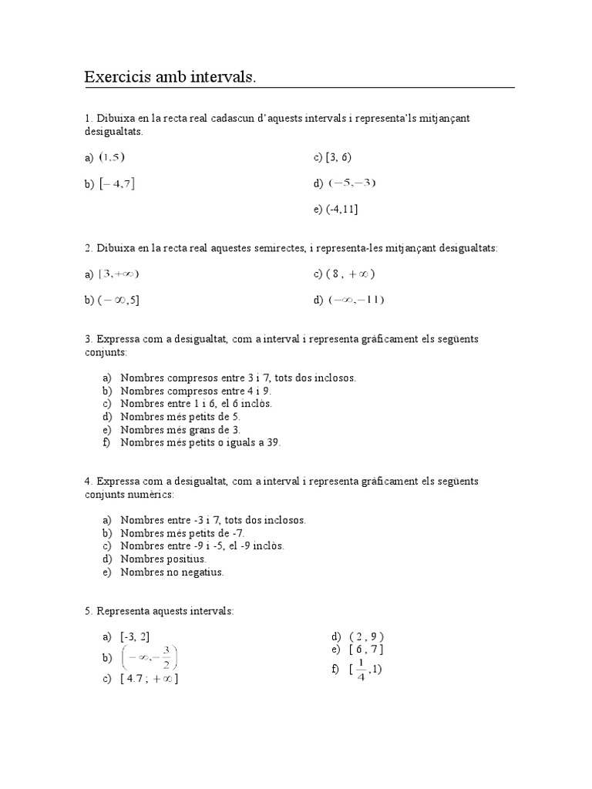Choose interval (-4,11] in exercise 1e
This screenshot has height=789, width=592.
pos(342,209)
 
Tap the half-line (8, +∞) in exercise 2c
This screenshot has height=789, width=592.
pos(351,274)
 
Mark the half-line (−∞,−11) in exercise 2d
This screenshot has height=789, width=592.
pos(355,300)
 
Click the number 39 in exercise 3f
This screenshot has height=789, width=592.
pos(274,442)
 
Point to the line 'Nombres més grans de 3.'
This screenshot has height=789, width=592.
pos(180,429)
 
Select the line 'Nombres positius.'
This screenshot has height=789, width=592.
pos(163,559)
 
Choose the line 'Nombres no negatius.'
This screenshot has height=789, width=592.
pos(172,572)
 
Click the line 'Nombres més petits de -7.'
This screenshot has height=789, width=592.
pos(183,532)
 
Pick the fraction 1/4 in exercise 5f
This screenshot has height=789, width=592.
pos(360,670)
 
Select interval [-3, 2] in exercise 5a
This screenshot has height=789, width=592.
pos(135,636)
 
